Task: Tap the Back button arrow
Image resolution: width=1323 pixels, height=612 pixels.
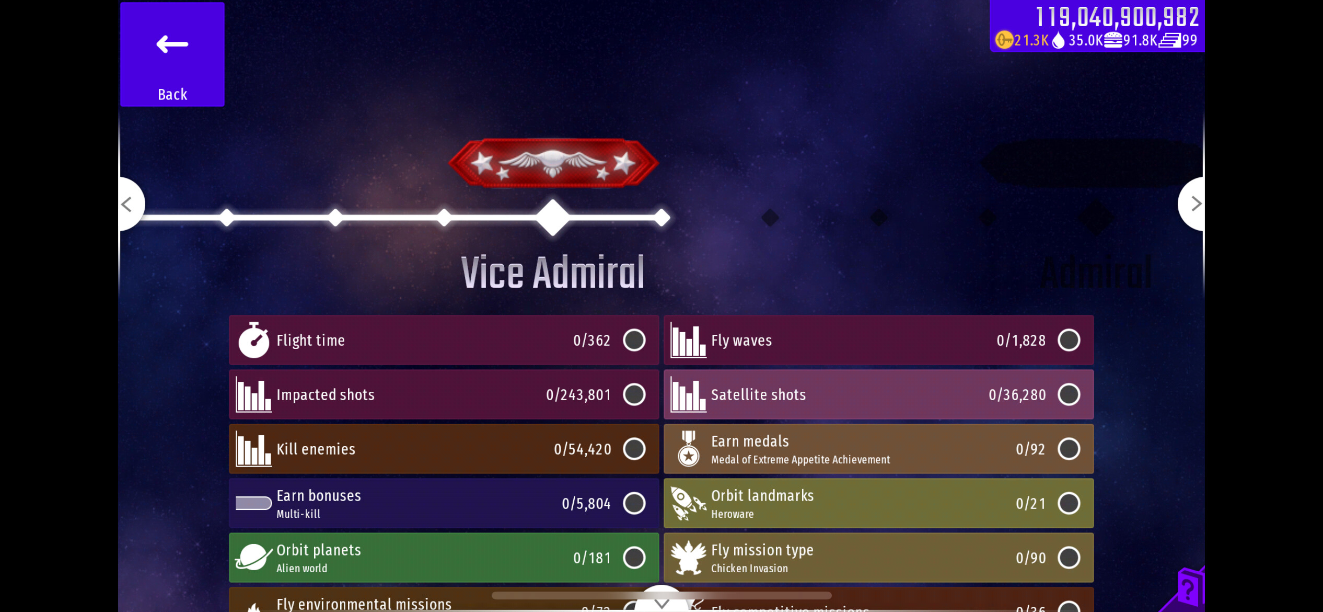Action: pos(172,44)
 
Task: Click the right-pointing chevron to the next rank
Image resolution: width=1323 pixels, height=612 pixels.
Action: pos(1196,203)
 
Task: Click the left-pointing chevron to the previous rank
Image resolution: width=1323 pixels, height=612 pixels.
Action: pos(127,204)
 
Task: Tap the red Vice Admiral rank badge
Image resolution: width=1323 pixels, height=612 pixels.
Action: pos(553,163)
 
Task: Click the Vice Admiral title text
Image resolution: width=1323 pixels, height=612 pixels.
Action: pos(553,273)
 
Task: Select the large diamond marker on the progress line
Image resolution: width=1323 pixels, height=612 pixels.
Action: pos(553,217)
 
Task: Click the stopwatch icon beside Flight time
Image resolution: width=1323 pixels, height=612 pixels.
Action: pos(253,340)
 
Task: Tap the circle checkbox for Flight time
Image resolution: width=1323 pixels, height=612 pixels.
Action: pos(634,340)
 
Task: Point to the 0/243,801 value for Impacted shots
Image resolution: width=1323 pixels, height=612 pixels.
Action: pos(578,395)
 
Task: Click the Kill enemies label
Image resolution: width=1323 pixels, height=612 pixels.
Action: pos(316,449)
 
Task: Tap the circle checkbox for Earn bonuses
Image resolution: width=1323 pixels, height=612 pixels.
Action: pos(634,503)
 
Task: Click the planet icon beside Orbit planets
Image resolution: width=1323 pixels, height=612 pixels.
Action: pos(253,557)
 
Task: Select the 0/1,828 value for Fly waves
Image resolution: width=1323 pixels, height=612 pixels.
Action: pos(1021,341)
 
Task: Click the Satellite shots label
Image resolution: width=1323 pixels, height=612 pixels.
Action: pos(758,395)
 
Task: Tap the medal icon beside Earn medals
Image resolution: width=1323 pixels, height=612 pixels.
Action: pos(688,449)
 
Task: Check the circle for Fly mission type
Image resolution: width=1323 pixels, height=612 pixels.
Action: pos(1069,558)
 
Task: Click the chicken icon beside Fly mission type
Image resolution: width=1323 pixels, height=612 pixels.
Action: pos(688,557)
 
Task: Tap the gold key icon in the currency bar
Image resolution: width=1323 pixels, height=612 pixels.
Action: pos(1004,40)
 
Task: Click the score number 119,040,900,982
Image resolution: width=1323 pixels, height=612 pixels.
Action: pos(1117,17)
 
